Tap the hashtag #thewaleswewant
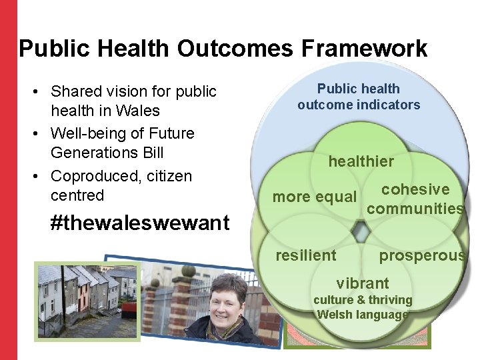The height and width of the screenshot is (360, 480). [140, 223]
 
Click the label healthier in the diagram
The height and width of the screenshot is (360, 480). [361, 161]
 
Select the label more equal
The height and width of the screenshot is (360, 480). [315, 197]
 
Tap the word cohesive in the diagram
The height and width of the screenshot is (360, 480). [415, 190]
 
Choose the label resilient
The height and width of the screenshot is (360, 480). [306, 255]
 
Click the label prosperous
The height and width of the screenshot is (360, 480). [421, 255]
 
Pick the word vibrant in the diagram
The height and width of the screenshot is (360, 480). [363, 283]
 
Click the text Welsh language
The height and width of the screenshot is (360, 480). [363, 315]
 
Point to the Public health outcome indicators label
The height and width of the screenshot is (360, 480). [359, 97]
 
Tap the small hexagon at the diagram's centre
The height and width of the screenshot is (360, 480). [361, 231]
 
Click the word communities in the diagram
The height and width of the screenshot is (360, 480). [415, 209]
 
